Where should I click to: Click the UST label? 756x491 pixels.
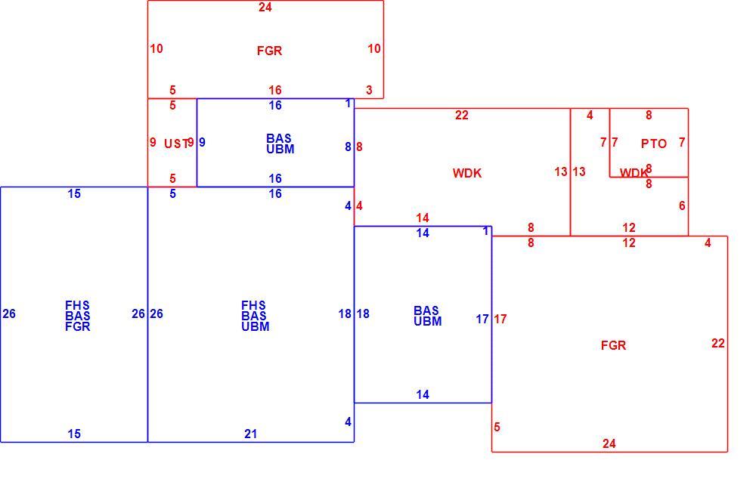click(176, 144)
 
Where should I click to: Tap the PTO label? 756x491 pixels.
click(654, 144)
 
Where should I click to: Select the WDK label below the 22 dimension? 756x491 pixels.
click(467, 173)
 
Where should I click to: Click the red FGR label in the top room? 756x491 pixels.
click(270, 51)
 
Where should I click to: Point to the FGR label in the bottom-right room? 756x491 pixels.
click(613, 345)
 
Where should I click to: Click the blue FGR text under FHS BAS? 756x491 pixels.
click(78, 326)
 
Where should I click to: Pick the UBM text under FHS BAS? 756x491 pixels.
click(256, 326)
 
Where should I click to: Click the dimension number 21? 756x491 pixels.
click(251, 434)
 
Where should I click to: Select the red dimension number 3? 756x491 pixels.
click(370, 90)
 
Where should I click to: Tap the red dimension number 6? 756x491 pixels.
click(682, 205)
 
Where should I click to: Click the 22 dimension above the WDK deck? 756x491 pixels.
click(462, 115)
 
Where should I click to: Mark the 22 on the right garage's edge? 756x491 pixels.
click(718, 343)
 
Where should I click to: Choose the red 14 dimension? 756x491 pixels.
click(423, 218)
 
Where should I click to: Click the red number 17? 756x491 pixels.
click(500, 319)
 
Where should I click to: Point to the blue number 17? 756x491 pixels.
click(482, 319)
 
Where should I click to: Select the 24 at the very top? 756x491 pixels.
click(265, 7)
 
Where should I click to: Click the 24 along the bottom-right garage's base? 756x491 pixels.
click(609, 443)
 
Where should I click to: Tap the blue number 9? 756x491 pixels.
click(202, 142)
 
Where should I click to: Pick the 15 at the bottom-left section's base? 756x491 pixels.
click(74, 434)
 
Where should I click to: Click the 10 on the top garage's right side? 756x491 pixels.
click(374, 48)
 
